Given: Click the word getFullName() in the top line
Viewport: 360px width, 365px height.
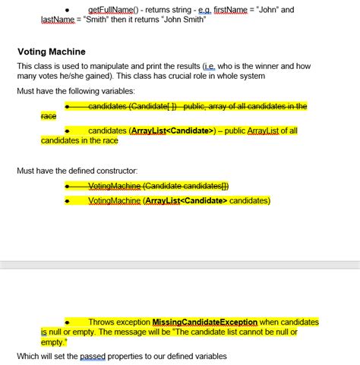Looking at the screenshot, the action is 114,10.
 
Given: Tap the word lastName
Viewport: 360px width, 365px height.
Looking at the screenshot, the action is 36,21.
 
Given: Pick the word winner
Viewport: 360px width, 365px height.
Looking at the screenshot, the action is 264,66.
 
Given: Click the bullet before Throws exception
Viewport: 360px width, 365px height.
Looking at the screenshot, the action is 68,322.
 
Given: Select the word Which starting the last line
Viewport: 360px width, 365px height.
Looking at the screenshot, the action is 29,356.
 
